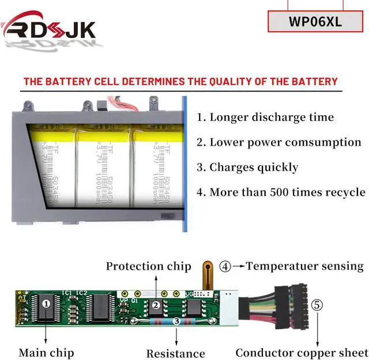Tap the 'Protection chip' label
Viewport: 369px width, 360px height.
point(148,266)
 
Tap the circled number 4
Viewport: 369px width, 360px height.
point(225,267)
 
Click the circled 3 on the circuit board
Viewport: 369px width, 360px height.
point(176,321)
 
